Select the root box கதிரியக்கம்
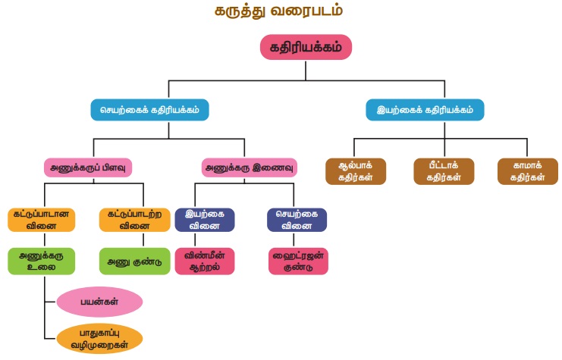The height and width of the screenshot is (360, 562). click(x=306, y=47)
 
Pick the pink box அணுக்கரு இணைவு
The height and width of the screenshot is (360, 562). click(x=250, y=167)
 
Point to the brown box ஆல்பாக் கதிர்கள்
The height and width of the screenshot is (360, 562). click(x=355, y=172)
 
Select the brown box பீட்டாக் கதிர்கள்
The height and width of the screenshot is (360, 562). click(x=444, y=172)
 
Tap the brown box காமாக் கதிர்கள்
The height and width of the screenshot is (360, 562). click(x=522, y=172)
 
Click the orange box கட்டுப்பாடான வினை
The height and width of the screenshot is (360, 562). click(x=42, y=219)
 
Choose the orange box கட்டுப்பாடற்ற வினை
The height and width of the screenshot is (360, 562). click(x=134, y=219)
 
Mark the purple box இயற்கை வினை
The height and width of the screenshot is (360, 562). click(x=205, y=219)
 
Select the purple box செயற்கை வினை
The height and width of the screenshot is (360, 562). click(x=297, y=219)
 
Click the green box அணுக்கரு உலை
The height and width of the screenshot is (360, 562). click(x=42, y=261)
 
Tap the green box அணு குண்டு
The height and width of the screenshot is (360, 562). click(x=134, y=261)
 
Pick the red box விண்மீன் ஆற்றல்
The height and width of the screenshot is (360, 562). click(x=205, y=261)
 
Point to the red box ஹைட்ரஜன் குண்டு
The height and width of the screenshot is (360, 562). click(x=298, y=261)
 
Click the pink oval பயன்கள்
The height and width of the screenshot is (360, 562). click(x=99, y=302)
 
